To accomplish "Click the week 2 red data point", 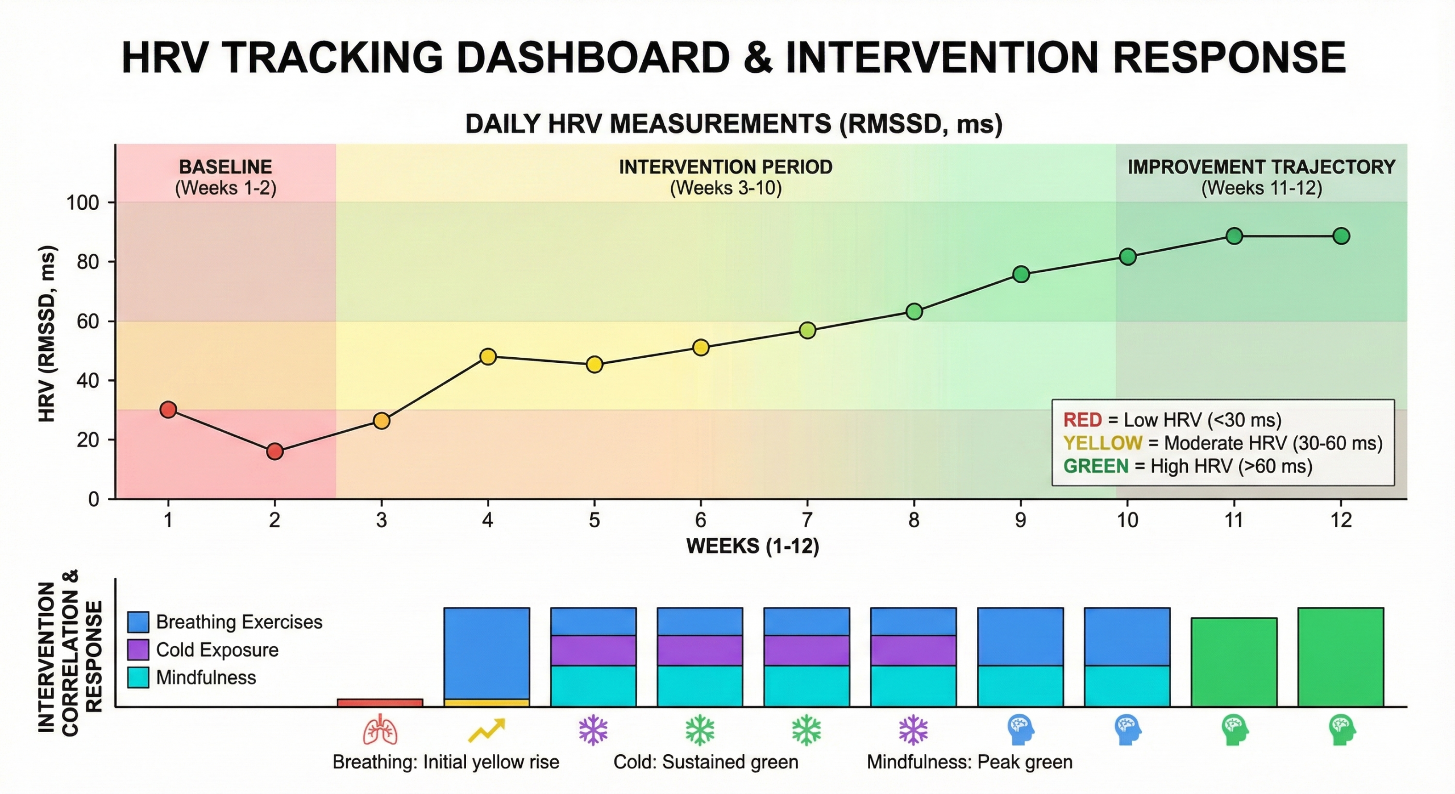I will tap(275, 452).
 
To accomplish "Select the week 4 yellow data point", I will tap(488, 357).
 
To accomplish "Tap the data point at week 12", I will tap(1341, 236).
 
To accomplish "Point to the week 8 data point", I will tap(914, 312).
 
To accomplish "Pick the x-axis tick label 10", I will tap(1127, 520).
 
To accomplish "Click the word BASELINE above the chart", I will tap(225, 167).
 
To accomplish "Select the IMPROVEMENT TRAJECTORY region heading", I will tap(1261, 167).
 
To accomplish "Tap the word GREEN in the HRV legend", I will tap(1095, 466).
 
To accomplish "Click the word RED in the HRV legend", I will tap(1082, 420).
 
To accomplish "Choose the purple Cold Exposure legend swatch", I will tap(138, 650).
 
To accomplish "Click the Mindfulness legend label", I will tap(206, 677).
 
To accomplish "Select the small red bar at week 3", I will tap(380, 702).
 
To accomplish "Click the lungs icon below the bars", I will tap(380, 731).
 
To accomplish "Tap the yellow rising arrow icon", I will tap(486, 730).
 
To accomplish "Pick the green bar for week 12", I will tap(1340, 657).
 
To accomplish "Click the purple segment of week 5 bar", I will tap(593, 650).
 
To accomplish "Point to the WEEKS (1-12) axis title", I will tap(753, 546).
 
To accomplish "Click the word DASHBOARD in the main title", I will tap(593, 58).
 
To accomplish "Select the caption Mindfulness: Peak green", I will tap(969, 762).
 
